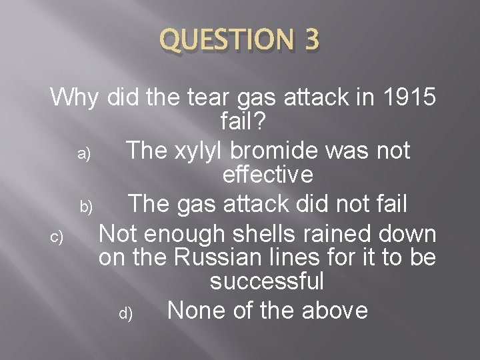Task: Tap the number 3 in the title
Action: click(310, 41)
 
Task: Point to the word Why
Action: click(73, 97)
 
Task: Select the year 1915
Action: click(410, 97)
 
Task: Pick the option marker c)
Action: click(56, 236)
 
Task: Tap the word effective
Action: click(267, 175)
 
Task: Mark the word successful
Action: click(267, 281)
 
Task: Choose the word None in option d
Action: click(194, 310)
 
